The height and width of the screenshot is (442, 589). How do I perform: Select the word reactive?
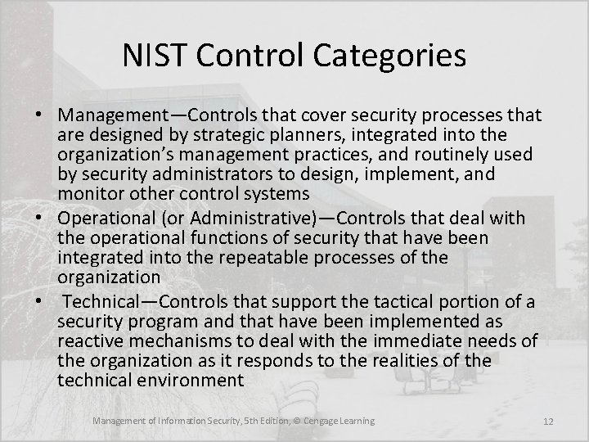pyautogui.click(x=89, y=339)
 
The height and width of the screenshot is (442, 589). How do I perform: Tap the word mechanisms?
pyautogui.click(x=183, y=339)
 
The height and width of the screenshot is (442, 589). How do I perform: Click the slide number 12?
pyautogui.click(x=548, y=421)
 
